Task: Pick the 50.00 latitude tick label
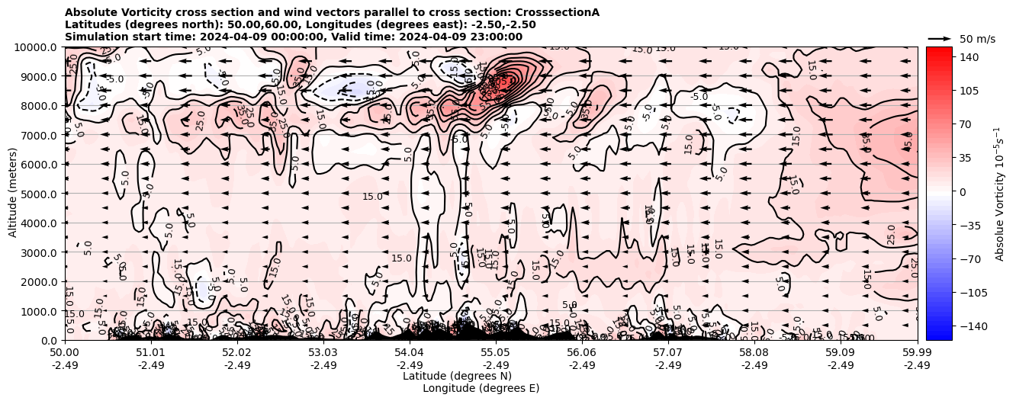coord(65,353)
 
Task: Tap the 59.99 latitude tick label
coord(917,353)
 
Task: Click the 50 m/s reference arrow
coord(940,38)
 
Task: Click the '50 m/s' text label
coord(976,39)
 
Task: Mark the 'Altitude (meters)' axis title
coord(14,194)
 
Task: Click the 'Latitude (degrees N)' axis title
coord(457,376)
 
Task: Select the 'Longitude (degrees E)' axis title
coord(481,388)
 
